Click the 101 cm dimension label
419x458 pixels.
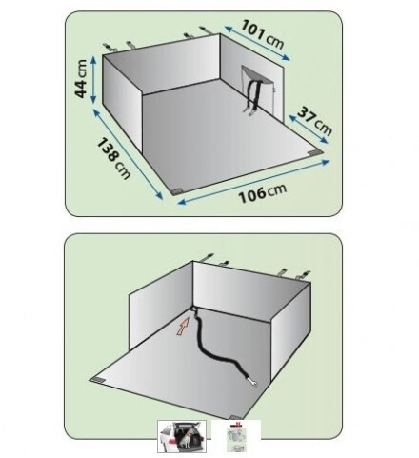(x=262, y=34)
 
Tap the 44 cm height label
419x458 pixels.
(x=81, y=78)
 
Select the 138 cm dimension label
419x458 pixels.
(x=112, y=158)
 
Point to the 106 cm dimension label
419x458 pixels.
(x=263, y=192)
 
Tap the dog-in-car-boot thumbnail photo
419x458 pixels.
(x=182, y=436)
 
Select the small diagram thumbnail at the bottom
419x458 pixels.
(x=236, y=436)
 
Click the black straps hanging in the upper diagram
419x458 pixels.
(x=253, y=94)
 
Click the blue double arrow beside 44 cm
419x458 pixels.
(x=93, y=80)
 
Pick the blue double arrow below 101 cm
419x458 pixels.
(x=257, y=43)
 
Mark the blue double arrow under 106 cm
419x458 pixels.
(x=253, y=182)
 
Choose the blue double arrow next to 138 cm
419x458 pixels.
(x=128, y=154)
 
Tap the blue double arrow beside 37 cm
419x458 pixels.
(x=309, y=129)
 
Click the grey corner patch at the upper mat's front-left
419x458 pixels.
(x=176, y=191)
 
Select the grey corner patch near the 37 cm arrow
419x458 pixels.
(x=314, y=152)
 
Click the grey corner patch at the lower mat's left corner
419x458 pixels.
(x=97, y=381)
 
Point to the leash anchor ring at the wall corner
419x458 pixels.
(x=193, y=309)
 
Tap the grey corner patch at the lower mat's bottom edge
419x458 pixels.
(x=235, y=417)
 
